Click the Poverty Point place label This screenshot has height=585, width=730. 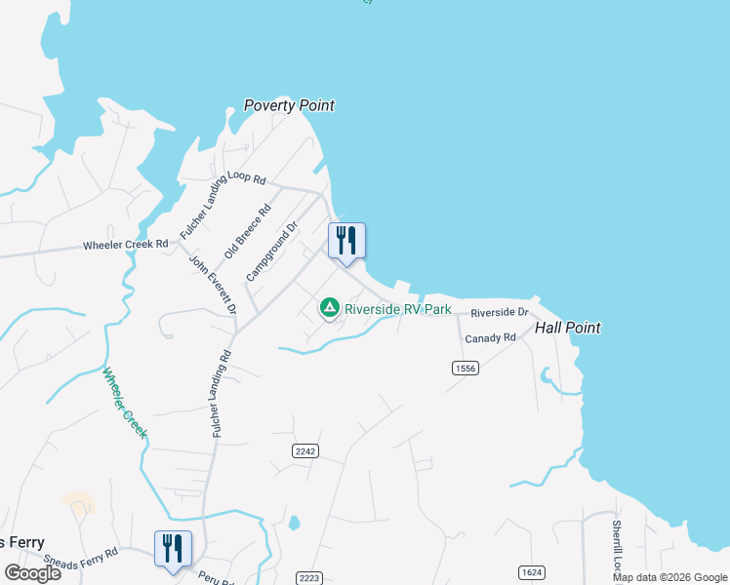click(x=289, y=105)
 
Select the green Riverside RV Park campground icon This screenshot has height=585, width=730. click(x=330, y=309)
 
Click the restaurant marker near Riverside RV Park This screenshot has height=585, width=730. click(x=346, y=241)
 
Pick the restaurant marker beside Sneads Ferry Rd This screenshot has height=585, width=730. click(x=173, y=548)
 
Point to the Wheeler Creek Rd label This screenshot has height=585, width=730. click(x=126, y=245)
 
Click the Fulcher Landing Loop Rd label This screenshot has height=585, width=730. click(x=223, y=206)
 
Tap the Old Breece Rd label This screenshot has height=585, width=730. click(x=248, y=231)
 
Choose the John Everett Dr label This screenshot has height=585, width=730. click(x=214, y=285)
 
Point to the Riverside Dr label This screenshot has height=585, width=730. click(x=499, y=313)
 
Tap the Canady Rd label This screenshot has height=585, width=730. click(x=490, y=338)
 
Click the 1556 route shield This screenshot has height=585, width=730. click(x=465, y=367)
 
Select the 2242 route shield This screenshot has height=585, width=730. click(x=305, y=449)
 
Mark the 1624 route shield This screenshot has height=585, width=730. click(x=532, y=572)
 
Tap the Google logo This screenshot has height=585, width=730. click(x=32, y=573)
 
